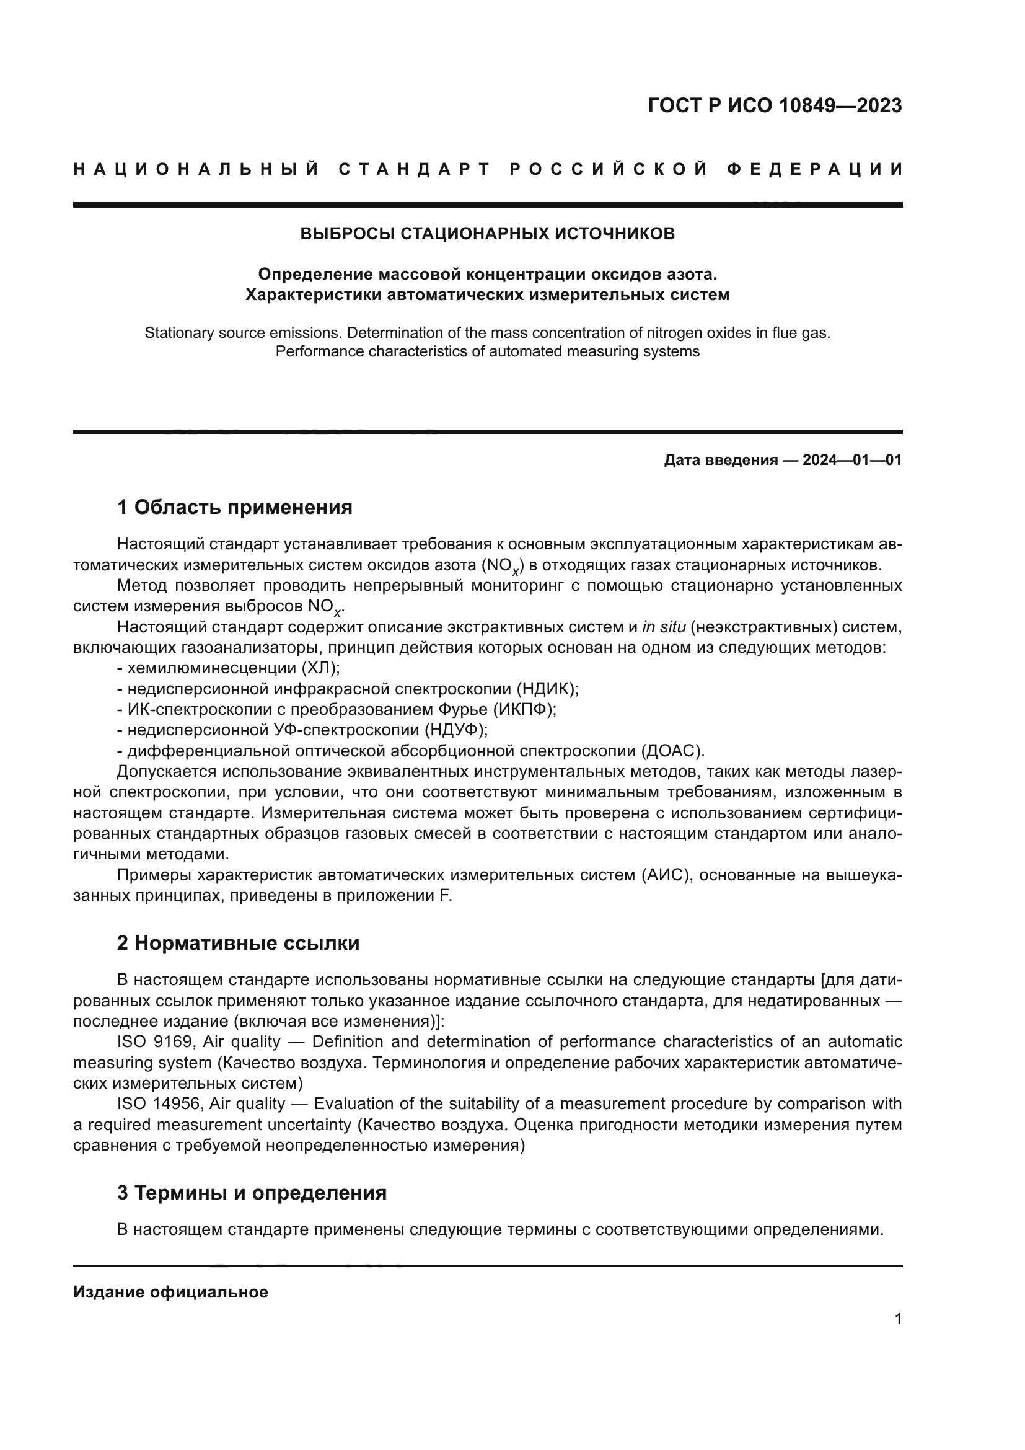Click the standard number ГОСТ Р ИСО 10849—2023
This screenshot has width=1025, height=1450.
775,106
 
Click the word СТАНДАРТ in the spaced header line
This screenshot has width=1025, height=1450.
414,170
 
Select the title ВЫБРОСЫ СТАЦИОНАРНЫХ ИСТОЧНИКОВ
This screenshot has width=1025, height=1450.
487,234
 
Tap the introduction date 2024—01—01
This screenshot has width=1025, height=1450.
852,461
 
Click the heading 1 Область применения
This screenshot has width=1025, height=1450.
235,507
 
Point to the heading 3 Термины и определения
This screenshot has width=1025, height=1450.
252,1193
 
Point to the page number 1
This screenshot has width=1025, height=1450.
898,1319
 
